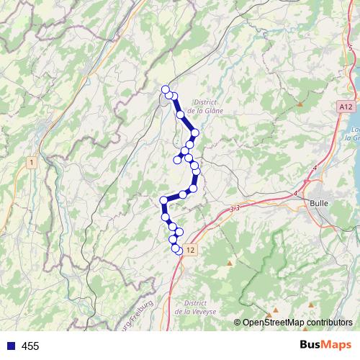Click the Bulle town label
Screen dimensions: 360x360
(318, 204)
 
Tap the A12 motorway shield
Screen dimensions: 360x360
(346, 107)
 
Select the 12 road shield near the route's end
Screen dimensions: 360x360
(189, 250)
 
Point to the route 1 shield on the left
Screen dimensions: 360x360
(32, 163)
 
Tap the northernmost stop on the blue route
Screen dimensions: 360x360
(166, 89)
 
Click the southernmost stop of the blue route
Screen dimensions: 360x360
(178, 251)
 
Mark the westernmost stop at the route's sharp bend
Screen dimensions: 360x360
(163, 200)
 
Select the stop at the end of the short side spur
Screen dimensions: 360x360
(177, 160)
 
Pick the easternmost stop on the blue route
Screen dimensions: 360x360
(195, 132)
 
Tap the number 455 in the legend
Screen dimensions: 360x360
(30, 346)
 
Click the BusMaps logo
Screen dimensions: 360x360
(325, 346)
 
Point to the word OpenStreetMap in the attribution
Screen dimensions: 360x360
(273, 323)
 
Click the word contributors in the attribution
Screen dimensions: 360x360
(328, 323)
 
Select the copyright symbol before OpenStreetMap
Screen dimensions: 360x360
(238, 323)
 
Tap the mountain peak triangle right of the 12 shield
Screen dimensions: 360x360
(230, 263)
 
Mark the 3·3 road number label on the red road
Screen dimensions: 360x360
(235, 208)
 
